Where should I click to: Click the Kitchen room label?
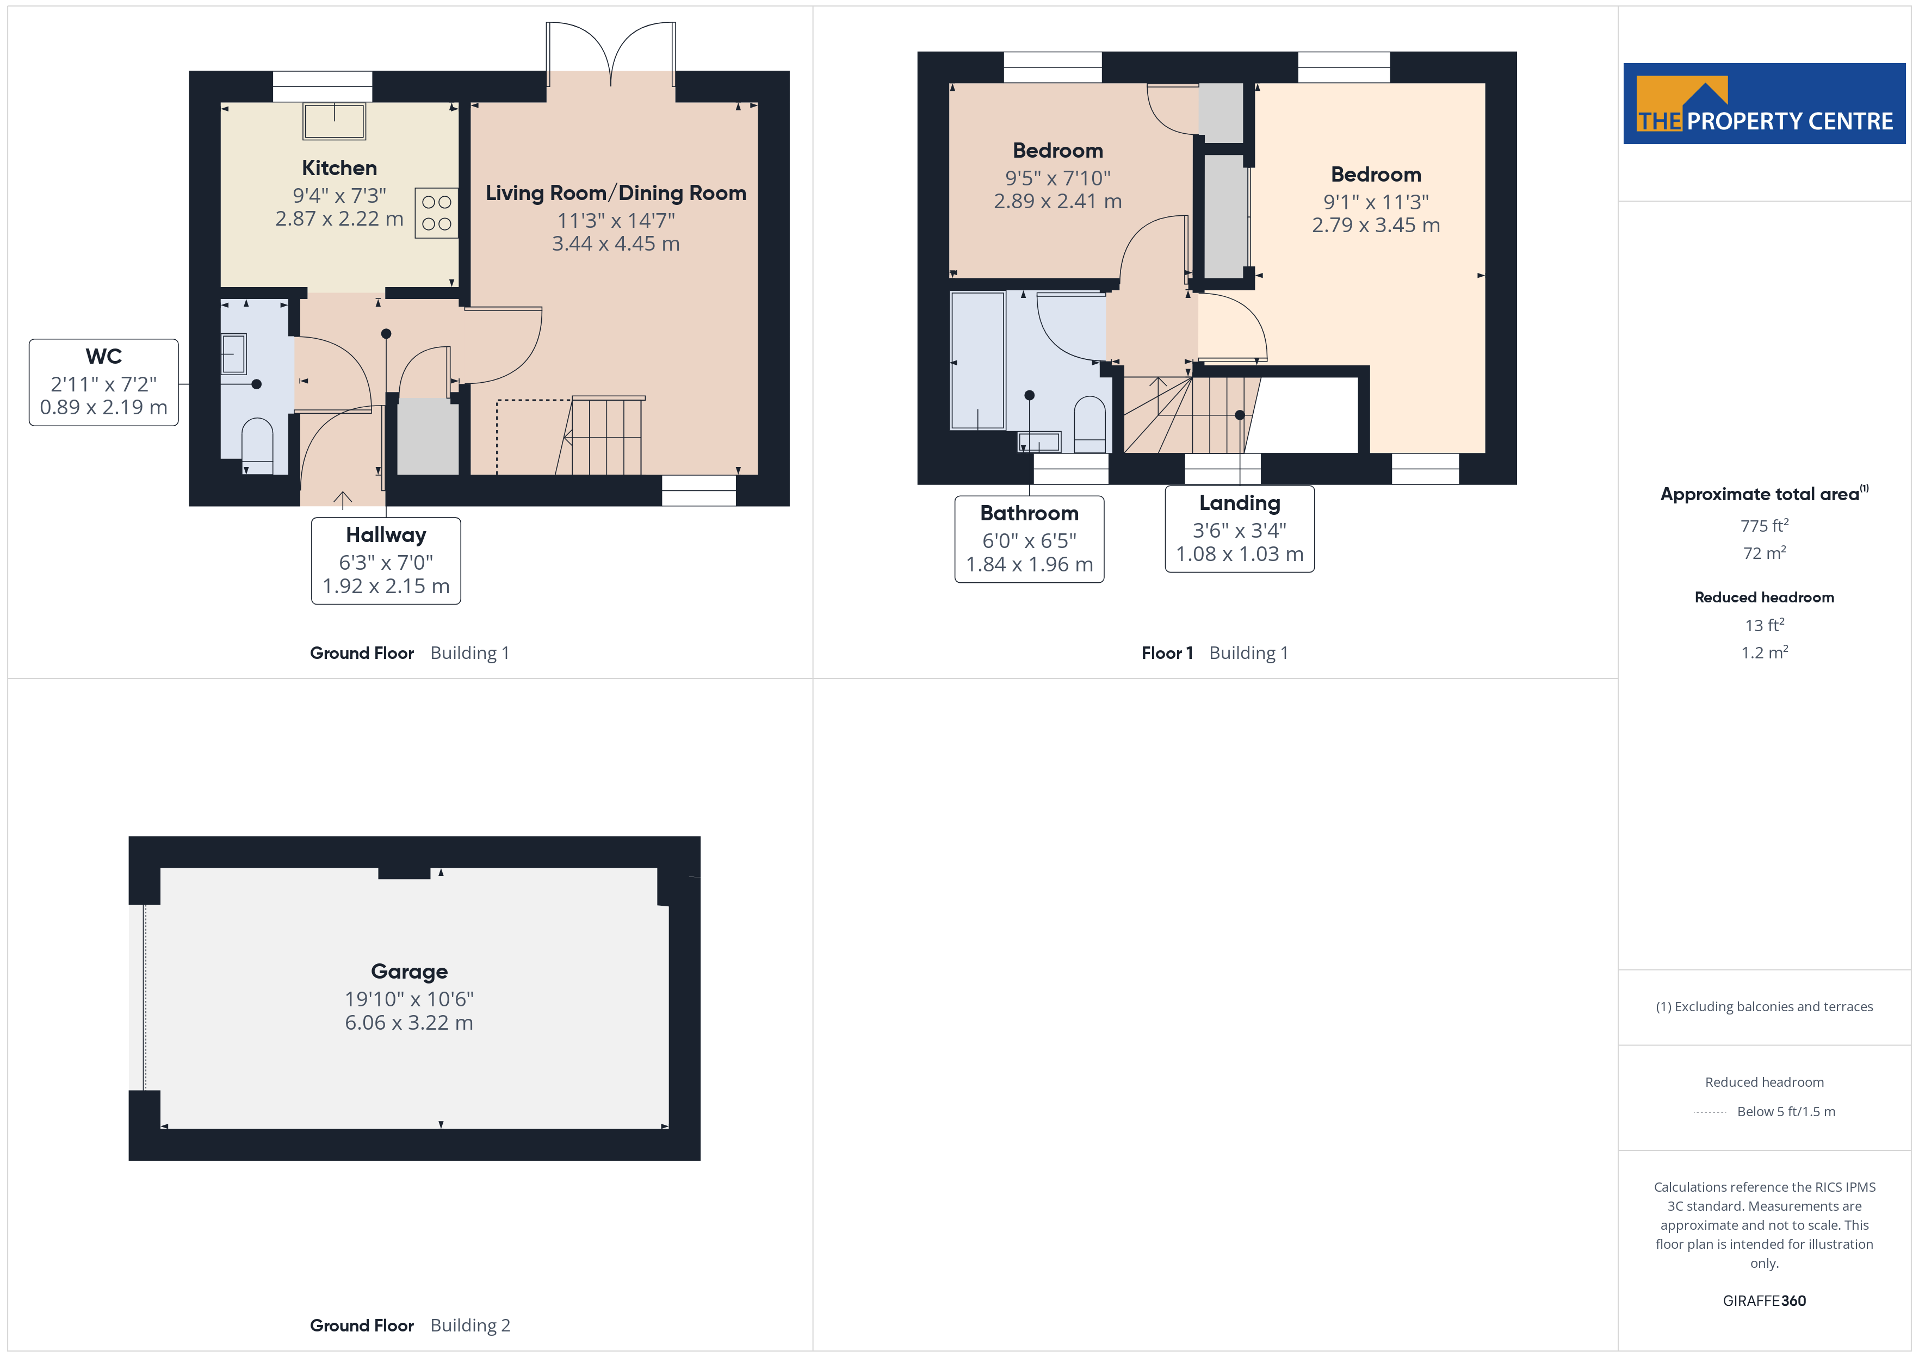(x=339, y=168)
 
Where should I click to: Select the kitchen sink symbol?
(x=335, y=121)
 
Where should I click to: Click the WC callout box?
(x=104, y=383)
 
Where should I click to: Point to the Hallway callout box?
(x=386, y=561)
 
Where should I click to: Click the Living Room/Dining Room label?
(x=616, y=193)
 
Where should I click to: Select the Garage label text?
(x=410, y=971)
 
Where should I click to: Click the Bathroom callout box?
(x=1030, y=539)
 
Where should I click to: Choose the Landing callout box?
(x=1240, y=529)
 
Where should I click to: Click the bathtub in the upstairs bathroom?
(x=978, y=360)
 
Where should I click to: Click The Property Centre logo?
(x=1765, y=104)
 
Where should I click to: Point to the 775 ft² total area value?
(x=1765, y=526)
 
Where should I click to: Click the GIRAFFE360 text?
(x=1765, y=1301)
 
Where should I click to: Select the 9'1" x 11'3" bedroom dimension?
(x=1376, y=202)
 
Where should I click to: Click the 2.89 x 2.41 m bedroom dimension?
(x=1057, y=201)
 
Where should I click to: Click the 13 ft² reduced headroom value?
(x=1765, y=625)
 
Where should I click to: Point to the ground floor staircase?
(x=600, y=435)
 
